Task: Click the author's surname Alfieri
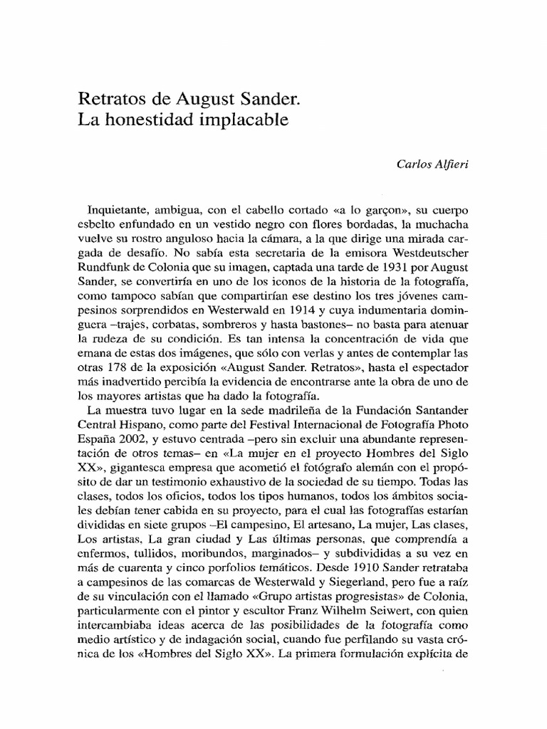451,163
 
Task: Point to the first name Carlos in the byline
413,163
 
